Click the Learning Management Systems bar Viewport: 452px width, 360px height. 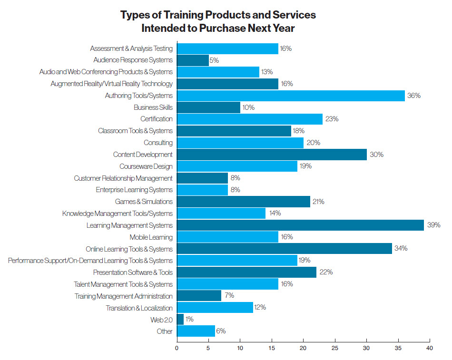tap(300, 225)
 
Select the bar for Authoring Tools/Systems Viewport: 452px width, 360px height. tap(291, 96)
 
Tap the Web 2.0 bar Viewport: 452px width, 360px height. tap(180, 320)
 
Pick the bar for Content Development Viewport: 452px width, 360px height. tap(272, 155)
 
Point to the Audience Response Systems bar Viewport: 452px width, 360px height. tap(193, 60)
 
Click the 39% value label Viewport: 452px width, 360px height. tap(433, 225)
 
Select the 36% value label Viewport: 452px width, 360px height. tap(414, 96)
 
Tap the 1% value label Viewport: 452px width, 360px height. tap(189, 320)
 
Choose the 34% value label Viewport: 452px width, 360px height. tap(401, 249)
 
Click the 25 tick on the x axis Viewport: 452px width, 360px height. tap(335, 348)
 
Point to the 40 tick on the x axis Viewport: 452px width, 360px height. tap(430, 348)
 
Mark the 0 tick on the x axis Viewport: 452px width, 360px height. tap(177, 348)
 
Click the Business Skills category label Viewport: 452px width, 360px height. tap(153, 107)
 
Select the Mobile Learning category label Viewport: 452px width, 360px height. tap(151, 237)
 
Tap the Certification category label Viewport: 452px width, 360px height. tap(157, 119)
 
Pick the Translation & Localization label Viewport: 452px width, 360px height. tap(139, 308)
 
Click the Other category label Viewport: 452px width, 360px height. tap(165, 331)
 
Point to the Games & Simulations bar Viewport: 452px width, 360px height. tap(243, 202)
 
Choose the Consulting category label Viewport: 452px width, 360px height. tap(158, 143)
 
